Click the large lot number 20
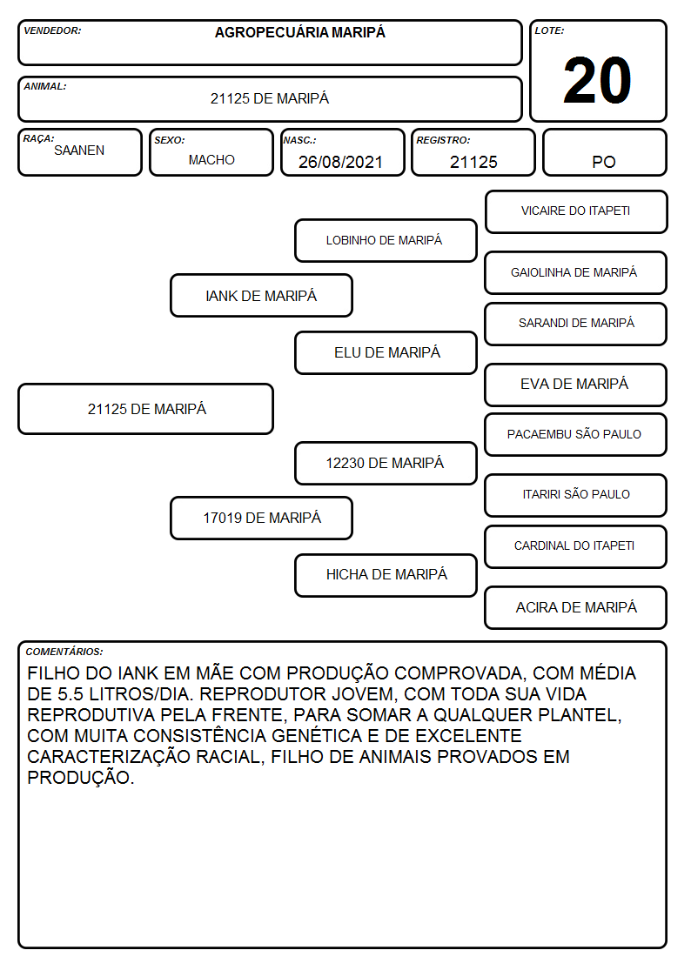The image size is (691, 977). click(597, 80)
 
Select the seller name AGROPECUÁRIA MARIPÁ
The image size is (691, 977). click(299, 32)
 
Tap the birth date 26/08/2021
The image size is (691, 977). click(340, 162)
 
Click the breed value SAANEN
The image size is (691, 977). click(79, 151)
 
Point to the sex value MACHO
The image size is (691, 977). click(211, 160)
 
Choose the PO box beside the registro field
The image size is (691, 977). click(604, 152)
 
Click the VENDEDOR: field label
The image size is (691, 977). click(52, 30)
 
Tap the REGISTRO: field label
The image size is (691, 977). click(443, 140)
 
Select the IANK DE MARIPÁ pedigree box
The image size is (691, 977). click(261, 295)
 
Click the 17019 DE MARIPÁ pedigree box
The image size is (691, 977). click(261, 518)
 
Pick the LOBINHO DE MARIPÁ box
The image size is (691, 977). click(386, 240)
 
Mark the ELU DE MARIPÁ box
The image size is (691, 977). click(386, 352)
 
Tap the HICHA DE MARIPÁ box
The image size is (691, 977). click(386, 575)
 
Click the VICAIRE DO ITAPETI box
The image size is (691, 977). click(576, 212)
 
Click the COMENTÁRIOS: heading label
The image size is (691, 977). click(64, 652)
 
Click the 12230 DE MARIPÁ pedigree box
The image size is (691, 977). click(386, 463)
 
